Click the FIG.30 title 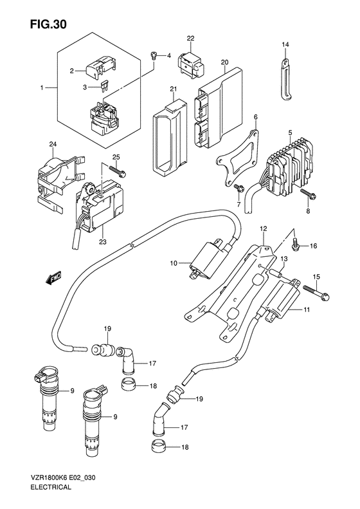point(48,24)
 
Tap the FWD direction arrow point(54,278)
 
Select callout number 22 point(190,39)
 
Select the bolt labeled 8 point(309,194)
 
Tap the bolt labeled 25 point(118,171)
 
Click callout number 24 point(53,143)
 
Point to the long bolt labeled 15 point(317,292)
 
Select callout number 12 point(263,229)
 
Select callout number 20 point(224,62)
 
